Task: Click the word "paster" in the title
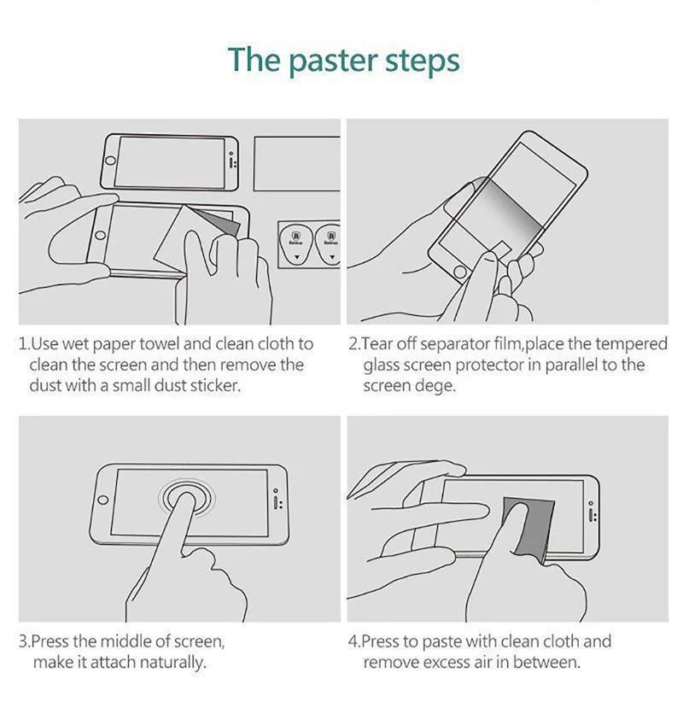(x=332, y=61)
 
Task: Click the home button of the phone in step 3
(x=103, y=500)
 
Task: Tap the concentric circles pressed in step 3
(x=187, y=498)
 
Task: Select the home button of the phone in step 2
(x=460, y=272)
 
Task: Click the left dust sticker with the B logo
(x=296, y=244)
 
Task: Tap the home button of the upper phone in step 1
(x=110, y=161)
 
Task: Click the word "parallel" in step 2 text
(x=571, y=365)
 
